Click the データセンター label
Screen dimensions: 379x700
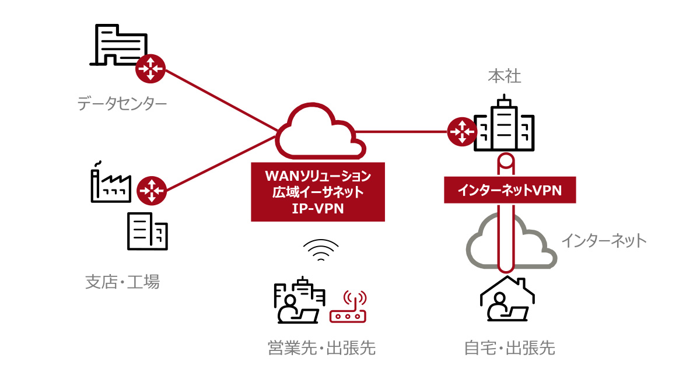[122, 104]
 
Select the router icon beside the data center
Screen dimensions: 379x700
[150, 70]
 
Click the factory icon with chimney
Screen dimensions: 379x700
[111, 182]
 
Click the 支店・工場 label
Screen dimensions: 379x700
[123, 283]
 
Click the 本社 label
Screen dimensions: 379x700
[505, 76]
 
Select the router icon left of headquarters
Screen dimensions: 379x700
[462, 132]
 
